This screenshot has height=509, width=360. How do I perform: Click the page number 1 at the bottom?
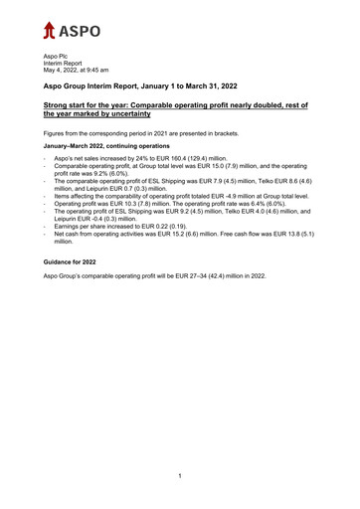point(179,476)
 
